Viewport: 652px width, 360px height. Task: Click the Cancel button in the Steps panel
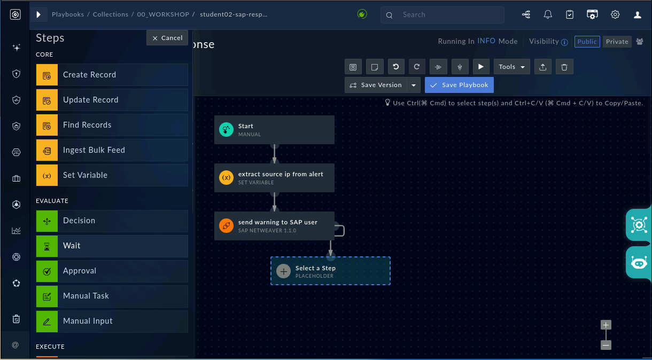click(167, 38)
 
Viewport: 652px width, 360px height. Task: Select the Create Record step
click(112, 75)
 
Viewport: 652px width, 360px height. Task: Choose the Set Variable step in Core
click(112, 175)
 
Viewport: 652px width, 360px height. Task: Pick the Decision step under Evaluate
click(112, 221)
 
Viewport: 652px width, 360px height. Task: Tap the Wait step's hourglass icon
click(47, 246)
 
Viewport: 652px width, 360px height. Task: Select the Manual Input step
click(112, 321)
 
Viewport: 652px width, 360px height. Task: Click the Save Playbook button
click(459, 85)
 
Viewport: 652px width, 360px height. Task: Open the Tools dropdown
click(511, 67)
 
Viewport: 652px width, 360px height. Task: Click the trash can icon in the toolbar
click(564, 67)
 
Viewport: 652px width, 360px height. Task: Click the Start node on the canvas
click(274, 130)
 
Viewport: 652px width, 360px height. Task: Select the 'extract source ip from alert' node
click(274, 178)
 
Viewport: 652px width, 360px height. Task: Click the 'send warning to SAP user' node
click(274, 226)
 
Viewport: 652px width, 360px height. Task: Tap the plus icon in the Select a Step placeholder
click(283, 271)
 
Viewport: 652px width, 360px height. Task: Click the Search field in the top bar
click(442, 15)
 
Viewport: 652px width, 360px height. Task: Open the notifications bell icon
click(548, 14)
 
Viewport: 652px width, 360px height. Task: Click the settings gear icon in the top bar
click(615, 14)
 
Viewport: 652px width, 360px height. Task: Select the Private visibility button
click(617, 42)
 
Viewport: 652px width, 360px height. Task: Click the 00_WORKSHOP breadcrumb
click(163, 14)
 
